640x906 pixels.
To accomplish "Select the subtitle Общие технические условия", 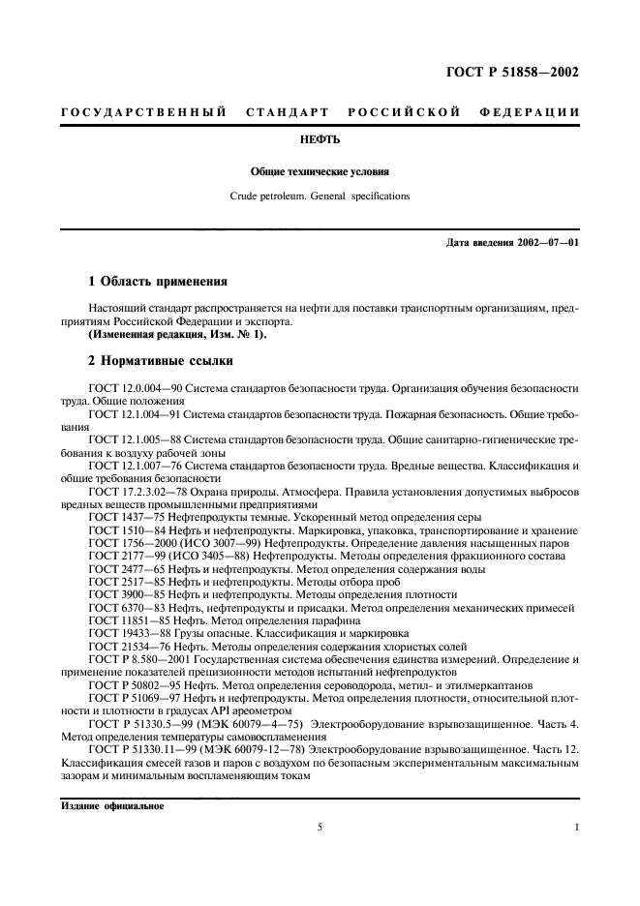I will (x=320, y=172).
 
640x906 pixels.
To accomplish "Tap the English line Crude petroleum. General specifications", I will (x=320, y=196).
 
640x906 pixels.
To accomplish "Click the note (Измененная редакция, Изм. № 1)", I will (x=163, y=334).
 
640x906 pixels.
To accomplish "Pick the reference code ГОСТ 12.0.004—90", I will (x=131, y=387).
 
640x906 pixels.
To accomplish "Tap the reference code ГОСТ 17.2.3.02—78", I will (x=135, y=492).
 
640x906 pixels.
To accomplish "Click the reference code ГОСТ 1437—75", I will (x=122, y=518).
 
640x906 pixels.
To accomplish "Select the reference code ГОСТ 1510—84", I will (x=122, y=531).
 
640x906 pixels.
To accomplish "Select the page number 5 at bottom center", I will (x=319, y=828).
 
